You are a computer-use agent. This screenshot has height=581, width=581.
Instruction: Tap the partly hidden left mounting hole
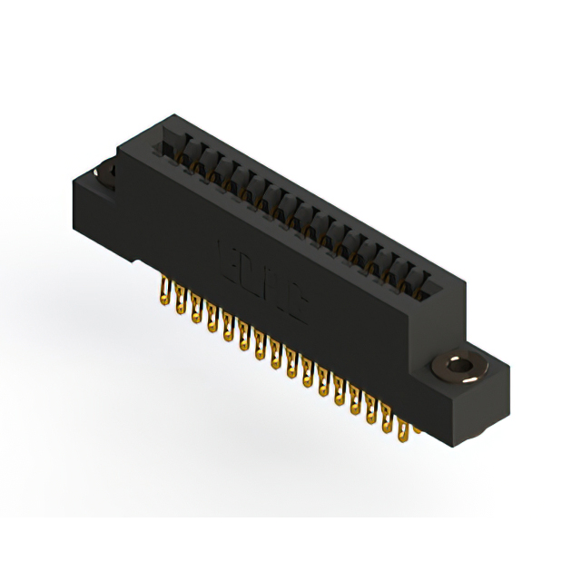point(105,171)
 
